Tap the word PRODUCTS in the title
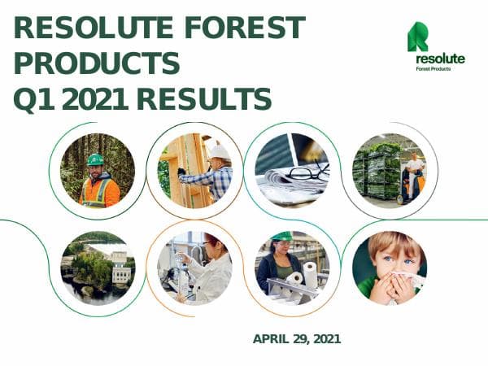point(97,63)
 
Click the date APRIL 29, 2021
point(297,338)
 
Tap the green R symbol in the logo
point(417,37)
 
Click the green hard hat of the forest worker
point(96,159)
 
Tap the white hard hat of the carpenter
point(220,151)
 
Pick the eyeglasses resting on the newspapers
point(309,172)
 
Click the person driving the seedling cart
point(415,171)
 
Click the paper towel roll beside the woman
point(309,271)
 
